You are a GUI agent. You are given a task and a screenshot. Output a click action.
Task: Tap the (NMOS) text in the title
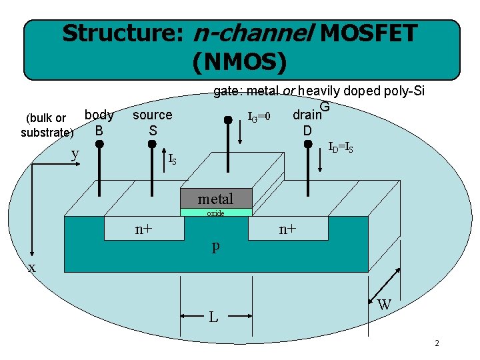click(x=239, y=62)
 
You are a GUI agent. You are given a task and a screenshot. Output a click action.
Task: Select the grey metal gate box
click(x=215, y=199)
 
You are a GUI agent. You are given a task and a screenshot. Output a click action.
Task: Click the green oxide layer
click(x=215, y=213)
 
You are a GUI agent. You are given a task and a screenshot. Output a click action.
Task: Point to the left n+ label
click(x=144, y=230)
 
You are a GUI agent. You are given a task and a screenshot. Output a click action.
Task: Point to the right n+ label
click(x=288, y=230)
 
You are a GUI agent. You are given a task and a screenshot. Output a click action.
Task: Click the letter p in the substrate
click(x=215, y=247)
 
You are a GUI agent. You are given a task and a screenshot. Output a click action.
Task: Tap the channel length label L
click(x=213, y=317)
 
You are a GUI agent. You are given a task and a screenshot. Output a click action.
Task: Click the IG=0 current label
click(x=259, y=117)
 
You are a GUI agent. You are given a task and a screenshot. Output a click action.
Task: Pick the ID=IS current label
click(x=341, y=147)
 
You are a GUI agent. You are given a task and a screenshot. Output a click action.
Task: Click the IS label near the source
click(x=172, y=159)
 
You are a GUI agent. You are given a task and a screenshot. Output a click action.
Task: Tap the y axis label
click(x=75, y=154)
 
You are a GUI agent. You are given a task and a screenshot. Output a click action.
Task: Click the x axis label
click(x=31, y=268)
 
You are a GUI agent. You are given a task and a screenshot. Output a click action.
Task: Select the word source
click(x=152, y=115)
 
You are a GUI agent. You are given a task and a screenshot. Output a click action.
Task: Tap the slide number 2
click(x=437, y=343)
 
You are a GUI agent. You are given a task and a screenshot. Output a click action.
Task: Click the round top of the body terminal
click(x=99, y=144)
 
